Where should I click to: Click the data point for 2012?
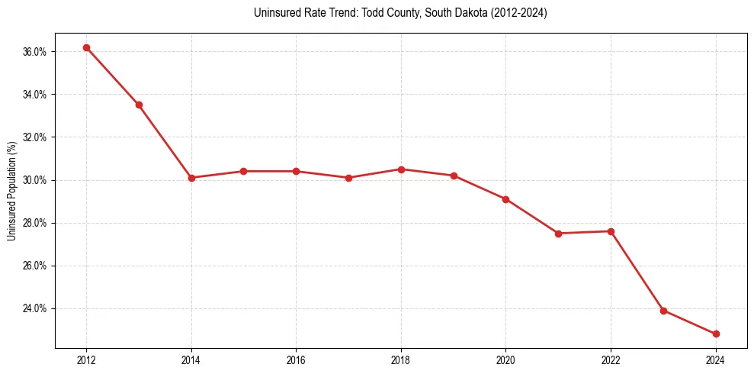[86, 47]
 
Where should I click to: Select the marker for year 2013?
[139, 105]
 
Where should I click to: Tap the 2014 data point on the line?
[191, 178]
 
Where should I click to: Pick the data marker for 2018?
[401, 169]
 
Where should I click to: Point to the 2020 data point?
[505, 199]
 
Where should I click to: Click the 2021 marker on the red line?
[558, 234]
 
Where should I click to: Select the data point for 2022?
[611, 231]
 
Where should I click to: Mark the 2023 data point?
[663, 311]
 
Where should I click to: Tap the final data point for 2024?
[716, 334]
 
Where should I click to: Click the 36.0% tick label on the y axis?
[36, 52]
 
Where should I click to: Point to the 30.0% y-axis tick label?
[36, 180]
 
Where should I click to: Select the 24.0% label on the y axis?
[36, 309]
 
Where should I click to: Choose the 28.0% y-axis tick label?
[36, 223]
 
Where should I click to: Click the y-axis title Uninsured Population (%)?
[11, 191]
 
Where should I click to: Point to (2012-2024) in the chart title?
[518, 13]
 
